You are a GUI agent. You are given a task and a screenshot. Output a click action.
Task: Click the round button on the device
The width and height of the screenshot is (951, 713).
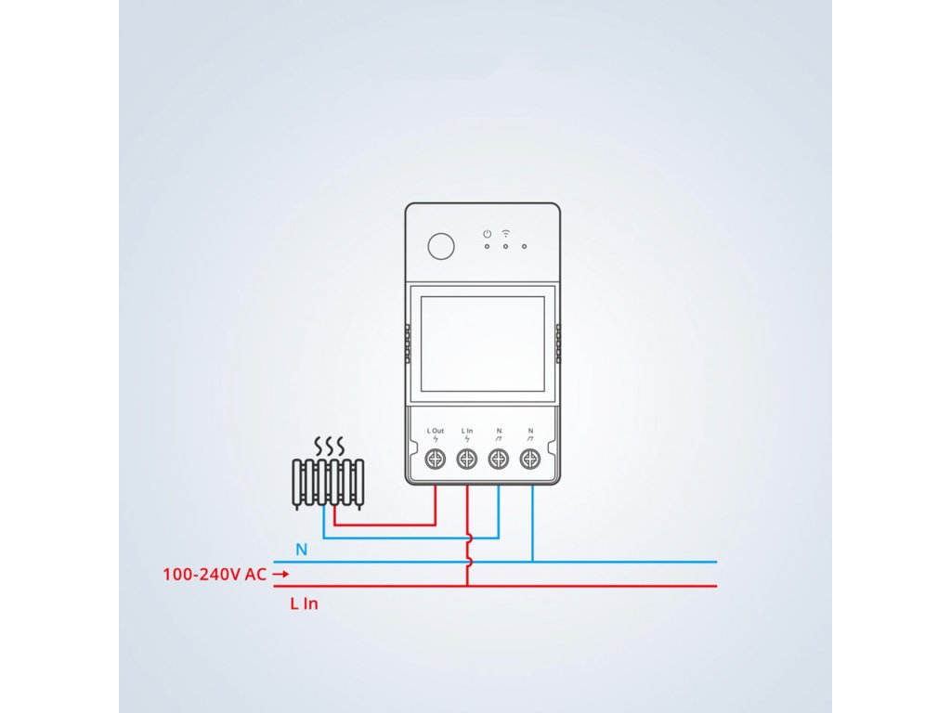click(x=441, y=246)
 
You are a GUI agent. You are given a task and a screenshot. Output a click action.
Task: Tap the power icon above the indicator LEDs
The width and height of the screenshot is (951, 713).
click(x=487, y=233)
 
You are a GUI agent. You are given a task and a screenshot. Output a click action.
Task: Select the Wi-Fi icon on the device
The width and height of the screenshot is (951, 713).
click(x=506, y=233)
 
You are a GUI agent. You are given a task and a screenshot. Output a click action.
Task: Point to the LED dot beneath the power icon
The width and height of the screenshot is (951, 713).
click(x=487, y=247)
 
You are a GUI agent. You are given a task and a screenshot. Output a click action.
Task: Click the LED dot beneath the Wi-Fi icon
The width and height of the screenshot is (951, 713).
click(x=506, y=247)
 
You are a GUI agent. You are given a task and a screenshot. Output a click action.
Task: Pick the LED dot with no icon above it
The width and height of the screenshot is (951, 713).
click(x=525, y=247)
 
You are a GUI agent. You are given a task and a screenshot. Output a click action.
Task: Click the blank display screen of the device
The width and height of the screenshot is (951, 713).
click(x=483, y=344)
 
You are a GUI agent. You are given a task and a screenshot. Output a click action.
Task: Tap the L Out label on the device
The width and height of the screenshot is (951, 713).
click(x=436, y=431)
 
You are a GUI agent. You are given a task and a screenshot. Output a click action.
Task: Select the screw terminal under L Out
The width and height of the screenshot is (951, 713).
click(x=436, y=459)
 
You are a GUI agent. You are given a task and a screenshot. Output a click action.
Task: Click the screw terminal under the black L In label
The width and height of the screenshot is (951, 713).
click(x=467, y=459)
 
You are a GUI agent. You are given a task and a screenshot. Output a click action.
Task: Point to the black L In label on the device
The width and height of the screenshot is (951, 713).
click(x=467, y=431)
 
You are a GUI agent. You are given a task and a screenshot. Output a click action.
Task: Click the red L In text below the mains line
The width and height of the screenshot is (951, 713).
click(x=304, y=603)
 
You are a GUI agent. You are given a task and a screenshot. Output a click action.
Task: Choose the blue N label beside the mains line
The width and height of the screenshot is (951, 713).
click(x=301, y=550)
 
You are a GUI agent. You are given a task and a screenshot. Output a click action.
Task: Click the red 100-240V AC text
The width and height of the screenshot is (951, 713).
click(x=215, y=575)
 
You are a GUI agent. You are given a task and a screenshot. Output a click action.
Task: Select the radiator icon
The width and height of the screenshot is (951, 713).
click(x=327, y=484)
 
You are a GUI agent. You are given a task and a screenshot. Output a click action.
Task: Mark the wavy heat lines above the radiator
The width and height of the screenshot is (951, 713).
click(x=327, y=447)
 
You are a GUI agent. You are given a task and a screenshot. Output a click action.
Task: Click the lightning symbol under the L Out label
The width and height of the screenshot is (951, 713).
click(x=436, y=439)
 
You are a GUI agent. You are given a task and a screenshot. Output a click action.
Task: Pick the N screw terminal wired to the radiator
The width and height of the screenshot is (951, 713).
click(x=499, y=459)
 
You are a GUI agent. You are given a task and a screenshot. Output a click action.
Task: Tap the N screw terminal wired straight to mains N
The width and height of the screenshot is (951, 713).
click(x=530, y=459)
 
